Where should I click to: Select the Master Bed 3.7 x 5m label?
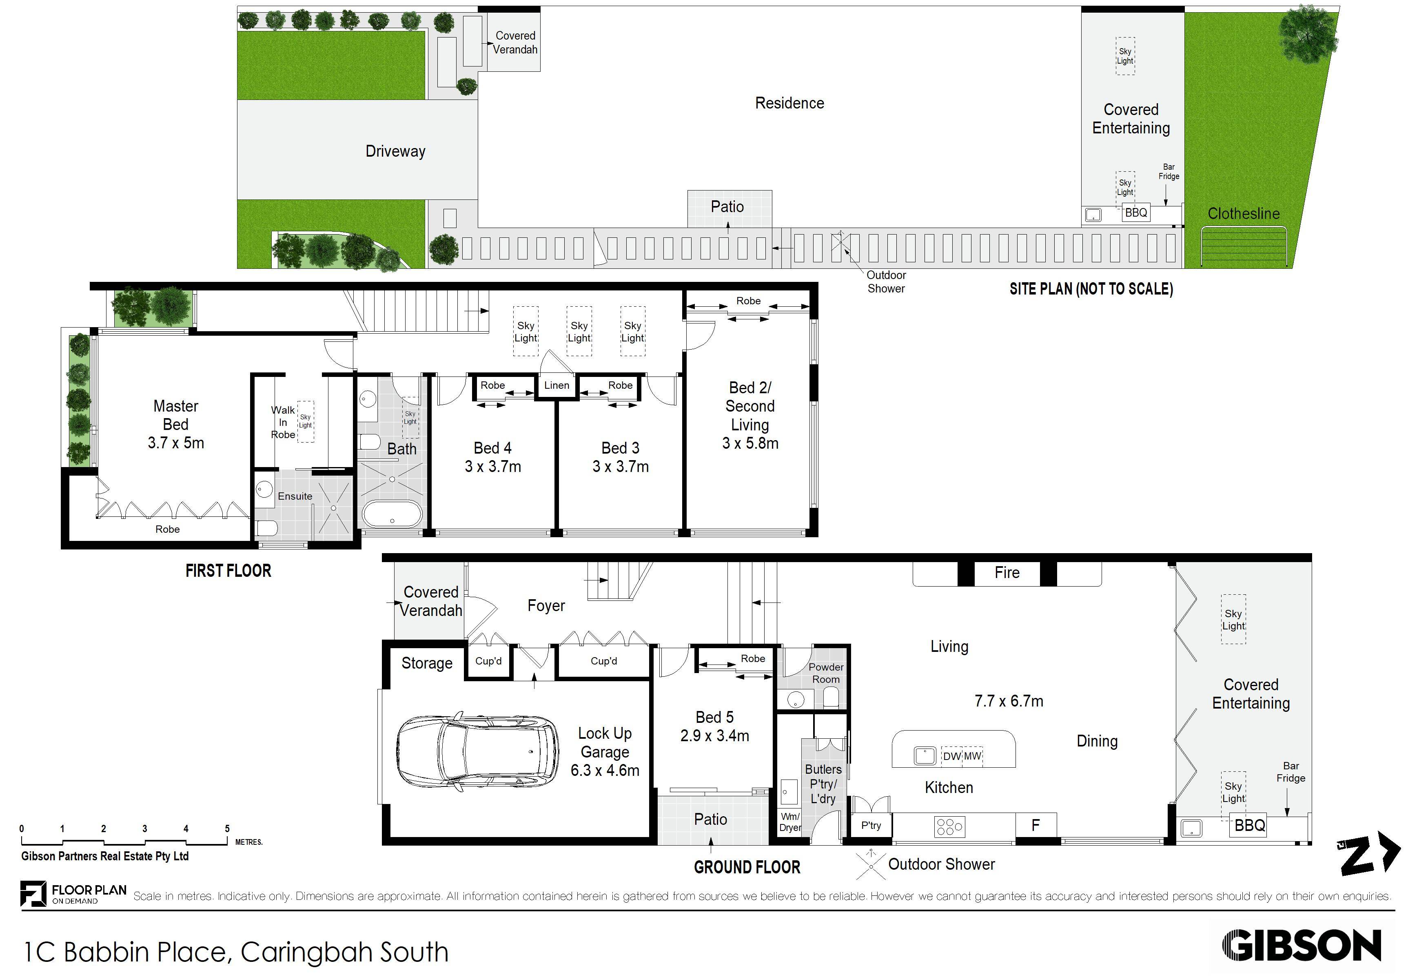click(176, 424)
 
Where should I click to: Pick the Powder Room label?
click(826, 673)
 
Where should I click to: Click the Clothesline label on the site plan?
click(1244, 214)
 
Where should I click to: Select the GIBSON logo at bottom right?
click(1302, 946)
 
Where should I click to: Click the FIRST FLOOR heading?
click(228, 571)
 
